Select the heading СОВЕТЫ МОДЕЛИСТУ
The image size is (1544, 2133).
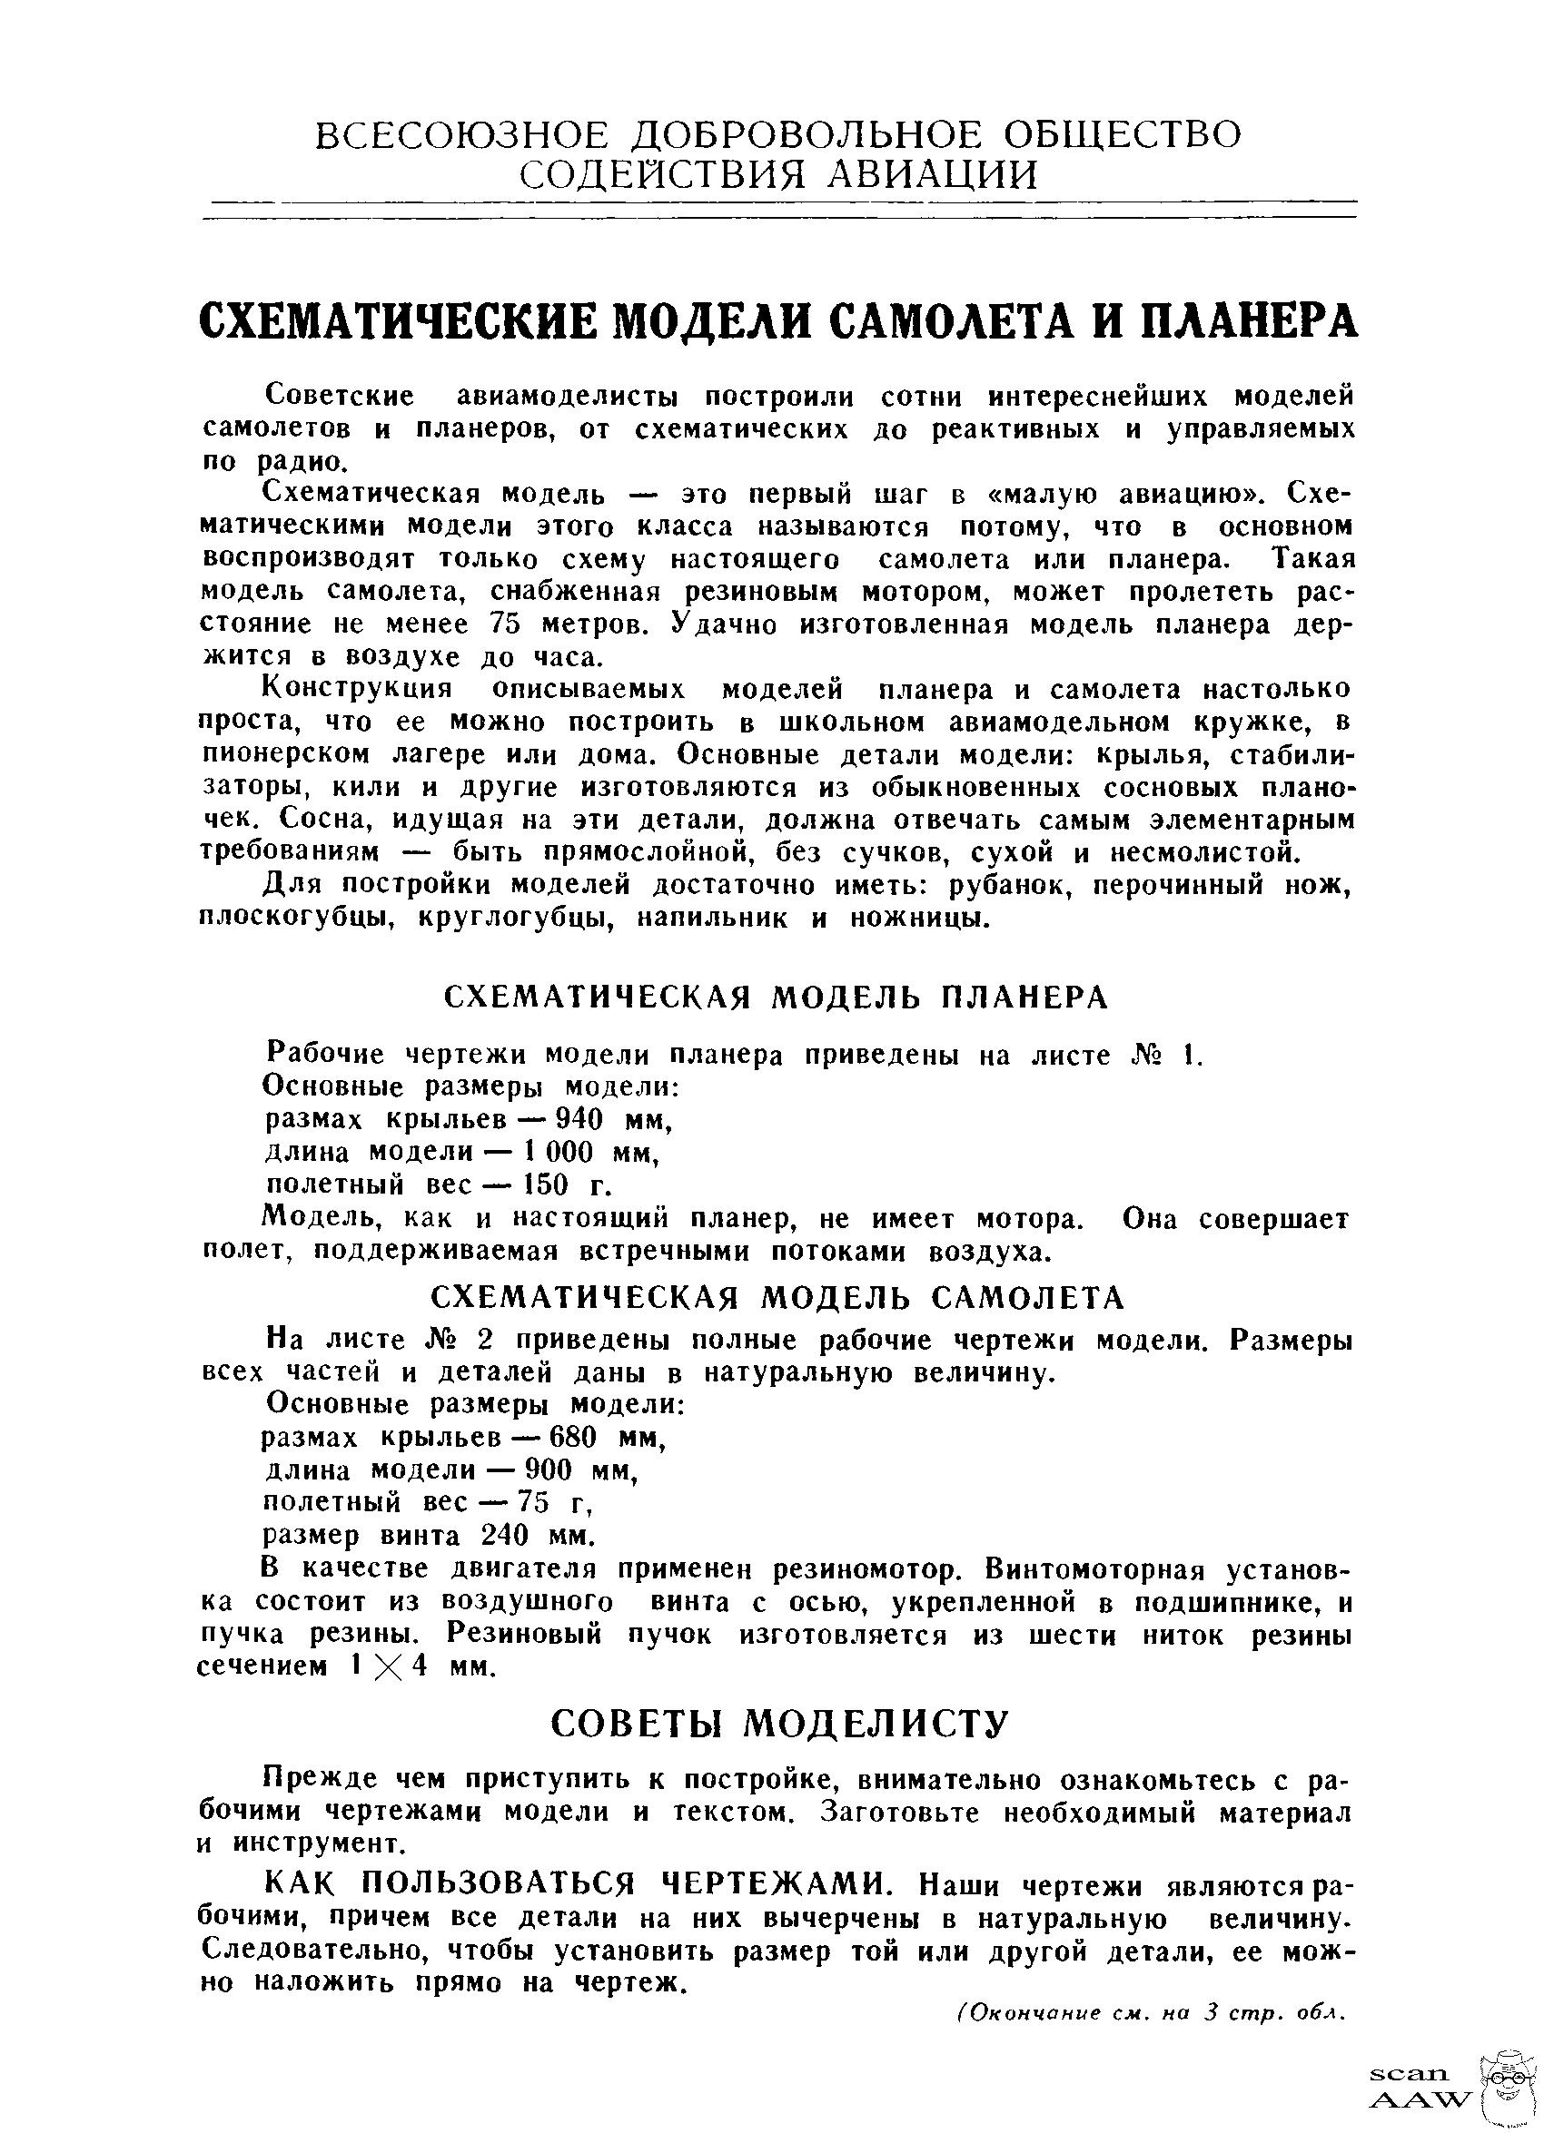778,1725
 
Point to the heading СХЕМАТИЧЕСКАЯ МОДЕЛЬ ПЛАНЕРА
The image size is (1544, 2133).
777,998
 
